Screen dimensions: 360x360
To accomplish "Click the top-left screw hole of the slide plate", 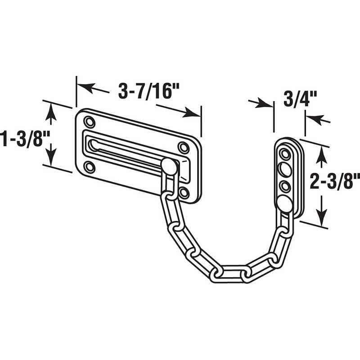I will click(90, 121).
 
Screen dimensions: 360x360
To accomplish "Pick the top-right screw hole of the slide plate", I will click(183, 147).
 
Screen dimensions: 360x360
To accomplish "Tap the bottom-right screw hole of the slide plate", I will click(184, 193).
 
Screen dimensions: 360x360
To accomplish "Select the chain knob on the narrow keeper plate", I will click(284, 203).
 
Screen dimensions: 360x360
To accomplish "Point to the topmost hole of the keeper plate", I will click(284, 154).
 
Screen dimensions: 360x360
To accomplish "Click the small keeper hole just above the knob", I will click(284, 185).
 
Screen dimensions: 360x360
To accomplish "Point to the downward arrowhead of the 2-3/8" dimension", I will click(321, 216).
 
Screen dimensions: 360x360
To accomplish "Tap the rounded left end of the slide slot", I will click(94, 144).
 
